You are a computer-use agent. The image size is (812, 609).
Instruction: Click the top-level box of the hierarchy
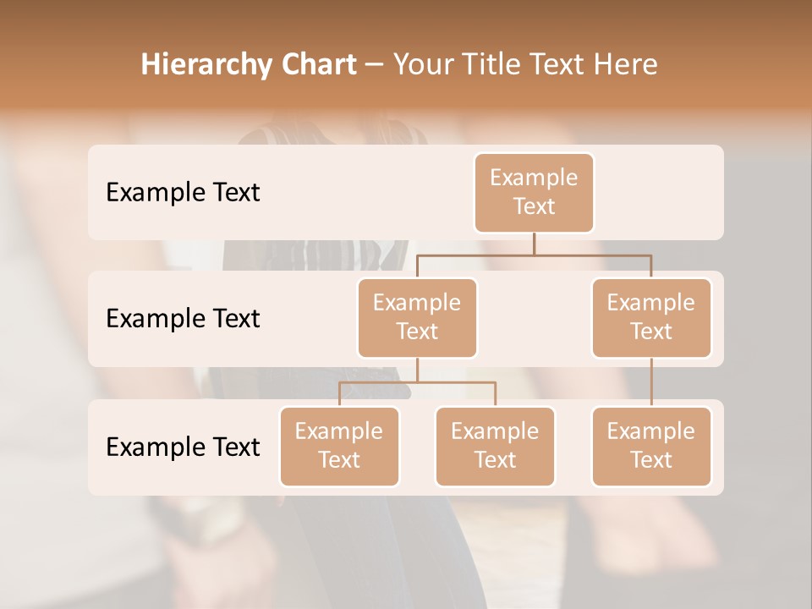pos(534,192)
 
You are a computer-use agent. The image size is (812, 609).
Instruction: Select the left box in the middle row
pos(417,317)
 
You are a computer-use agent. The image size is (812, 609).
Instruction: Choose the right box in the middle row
pos(651,317)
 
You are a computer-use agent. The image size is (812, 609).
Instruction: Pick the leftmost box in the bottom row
pos(339,446)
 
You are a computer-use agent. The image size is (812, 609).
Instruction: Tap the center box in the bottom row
pos(495,446)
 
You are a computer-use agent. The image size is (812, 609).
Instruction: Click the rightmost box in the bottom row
pos(651,446)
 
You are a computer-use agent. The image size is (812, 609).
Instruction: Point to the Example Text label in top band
pos(183,192)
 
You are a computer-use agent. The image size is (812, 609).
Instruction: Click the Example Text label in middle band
pos(183,318)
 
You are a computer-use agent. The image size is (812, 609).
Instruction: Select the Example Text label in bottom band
pos(183,447)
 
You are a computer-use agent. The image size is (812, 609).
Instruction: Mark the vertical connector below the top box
pos(534,244)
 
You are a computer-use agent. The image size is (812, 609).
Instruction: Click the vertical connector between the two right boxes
pos(651,382)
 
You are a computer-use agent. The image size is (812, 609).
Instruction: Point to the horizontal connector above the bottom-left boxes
pos(417,382)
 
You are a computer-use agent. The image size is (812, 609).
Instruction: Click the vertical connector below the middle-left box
pos(417,370)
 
